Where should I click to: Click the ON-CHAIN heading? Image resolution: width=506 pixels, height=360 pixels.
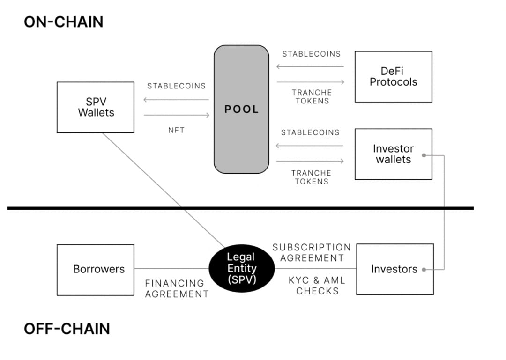[64, 22]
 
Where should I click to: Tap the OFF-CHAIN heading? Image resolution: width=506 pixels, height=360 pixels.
[67, 329]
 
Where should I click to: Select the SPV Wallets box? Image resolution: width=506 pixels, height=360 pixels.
[96, 107]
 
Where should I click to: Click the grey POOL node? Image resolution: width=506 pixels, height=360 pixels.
[241, 109]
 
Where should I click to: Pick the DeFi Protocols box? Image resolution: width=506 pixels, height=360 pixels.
[393, 77]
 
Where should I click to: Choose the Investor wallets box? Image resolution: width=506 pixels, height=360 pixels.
[393, 154]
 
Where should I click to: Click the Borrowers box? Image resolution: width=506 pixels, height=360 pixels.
[96, 269]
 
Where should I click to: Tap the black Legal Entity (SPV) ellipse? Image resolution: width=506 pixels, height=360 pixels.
[241, 269]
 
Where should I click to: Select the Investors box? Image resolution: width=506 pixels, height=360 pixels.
[394, 269]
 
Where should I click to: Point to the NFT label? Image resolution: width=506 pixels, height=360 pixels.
[176, 130]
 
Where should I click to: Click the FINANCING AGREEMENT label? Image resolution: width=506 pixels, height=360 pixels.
[177, 288]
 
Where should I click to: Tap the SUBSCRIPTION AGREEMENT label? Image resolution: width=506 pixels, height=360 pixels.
[312, 252]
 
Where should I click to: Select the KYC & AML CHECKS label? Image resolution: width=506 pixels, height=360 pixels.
[317, 286]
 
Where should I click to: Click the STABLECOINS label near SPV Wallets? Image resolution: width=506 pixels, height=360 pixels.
[176, 86]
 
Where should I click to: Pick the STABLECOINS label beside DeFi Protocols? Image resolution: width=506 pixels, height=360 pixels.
[312, 54]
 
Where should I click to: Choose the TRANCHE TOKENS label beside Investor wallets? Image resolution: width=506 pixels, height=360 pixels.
[312, 177]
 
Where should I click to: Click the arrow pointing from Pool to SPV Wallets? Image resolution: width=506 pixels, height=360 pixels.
[176, 100]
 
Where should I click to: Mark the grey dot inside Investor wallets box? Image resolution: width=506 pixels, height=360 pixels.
[424, 155]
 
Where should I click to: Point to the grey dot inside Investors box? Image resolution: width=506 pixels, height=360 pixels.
[424, 270]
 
